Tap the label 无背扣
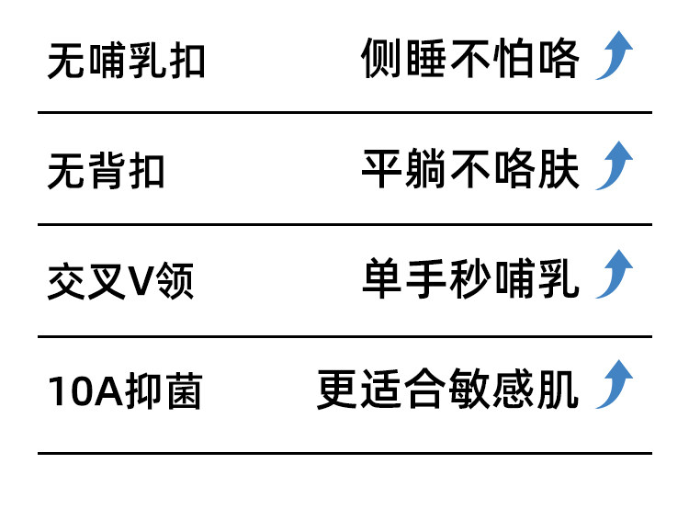tap(107, 171)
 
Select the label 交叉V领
tap(120, 282)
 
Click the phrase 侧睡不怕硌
tap(470, 60)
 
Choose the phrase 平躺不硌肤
tap(470, 169)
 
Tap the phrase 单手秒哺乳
tap(470, 279)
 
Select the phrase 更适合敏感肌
tap(448, 390)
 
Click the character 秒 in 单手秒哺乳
tap(470, 279)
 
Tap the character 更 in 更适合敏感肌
tap(338, 390)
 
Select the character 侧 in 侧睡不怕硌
tap(382, 60)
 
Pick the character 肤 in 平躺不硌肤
tap(559, 169)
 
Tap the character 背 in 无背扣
tap(107, 171)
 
